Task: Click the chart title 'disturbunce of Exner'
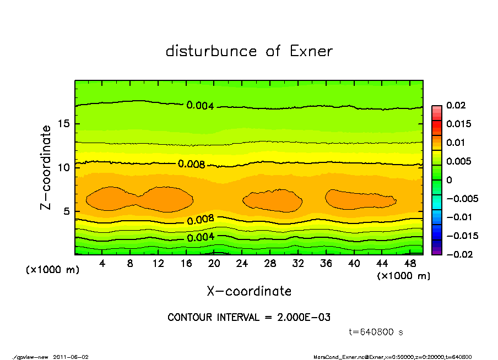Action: [249, 51]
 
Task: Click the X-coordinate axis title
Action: [249, 291]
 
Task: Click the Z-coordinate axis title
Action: [46, 167]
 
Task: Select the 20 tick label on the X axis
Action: [215, 264]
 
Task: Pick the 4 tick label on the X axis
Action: [102, 264]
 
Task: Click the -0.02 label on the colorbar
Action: [457, 254]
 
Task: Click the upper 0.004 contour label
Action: [200, 106]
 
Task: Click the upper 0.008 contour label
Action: [192, 164]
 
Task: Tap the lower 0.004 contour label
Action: [201, 238]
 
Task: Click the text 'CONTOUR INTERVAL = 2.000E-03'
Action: [249, 318]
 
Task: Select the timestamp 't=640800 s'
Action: [377, 332]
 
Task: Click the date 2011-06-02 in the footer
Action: [71, 357]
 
